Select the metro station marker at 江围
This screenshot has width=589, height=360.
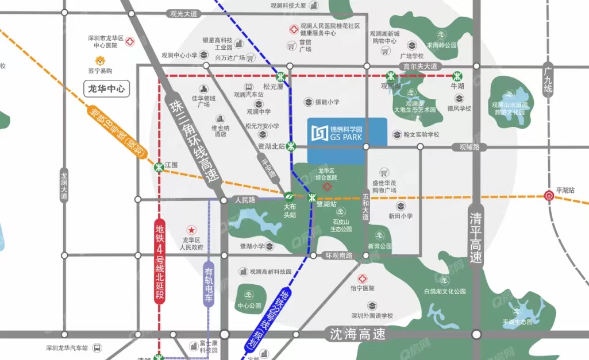(159, 168)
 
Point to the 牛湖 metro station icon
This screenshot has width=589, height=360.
(457, 76)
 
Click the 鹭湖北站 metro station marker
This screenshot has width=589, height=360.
(291, 146)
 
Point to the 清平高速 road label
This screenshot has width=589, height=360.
(475, 238)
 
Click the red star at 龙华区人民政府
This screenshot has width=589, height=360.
(191, 230)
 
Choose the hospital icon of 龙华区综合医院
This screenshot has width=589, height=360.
(327, 187)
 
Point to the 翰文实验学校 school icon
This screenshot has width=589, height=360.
(396, 134)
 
